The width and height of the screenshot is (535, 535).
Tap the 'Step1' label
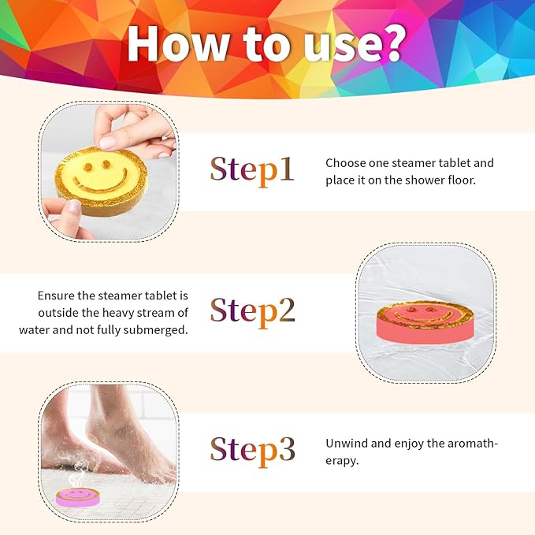click(x=251, y=169)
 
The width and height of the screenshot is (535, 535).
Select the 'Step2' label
click(x=252, y=310)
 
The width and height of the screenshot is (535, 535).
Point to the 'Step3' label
click(x=252, y=449)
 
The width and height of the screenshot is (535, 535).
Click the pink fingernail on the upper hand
click(x=108, y=142)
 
